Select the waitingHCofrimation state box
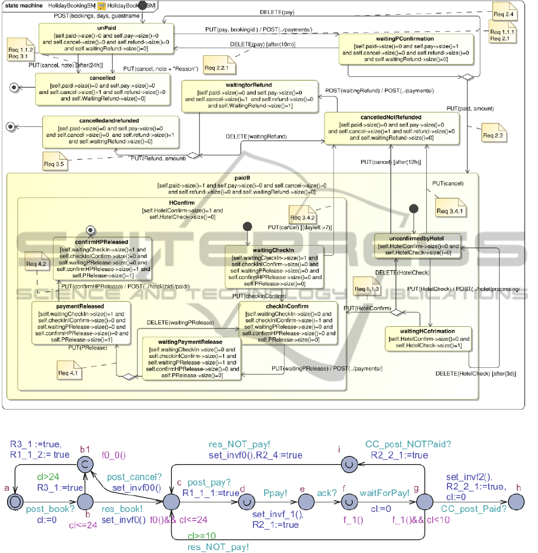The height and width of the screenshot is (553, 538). click(x=429, y=338)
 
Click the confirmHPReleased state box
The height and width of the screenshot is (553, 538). click(x=102, y=258)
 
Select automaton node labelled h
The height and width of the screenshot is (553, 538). click(x=518, y=502)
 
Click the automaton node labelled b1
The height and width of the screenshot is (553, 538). click(x=85, y=465)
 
